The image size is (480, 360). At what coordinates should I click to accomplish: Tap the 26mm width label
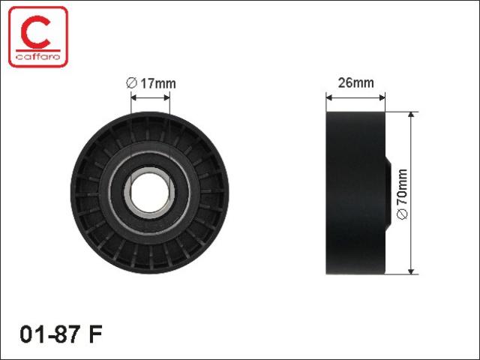(x=355, y=83)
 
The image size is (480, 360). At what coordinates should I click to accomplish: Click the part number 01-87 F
(x=61, y=334)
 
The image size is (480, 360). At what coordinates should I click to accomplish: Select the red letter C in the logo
(x=35, y=32)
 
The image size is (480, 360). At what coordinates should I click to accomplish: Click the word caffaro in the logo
(x=38, y=57)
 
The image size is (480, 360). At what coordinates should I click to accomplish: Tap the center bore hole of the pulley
(x=150, y=193)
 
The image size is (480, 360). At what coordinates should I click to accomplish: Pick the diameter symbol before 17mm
(x=131, y=83)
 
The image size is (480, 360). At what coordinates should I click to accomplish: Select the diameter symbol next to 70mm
(x=402, y=214)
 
